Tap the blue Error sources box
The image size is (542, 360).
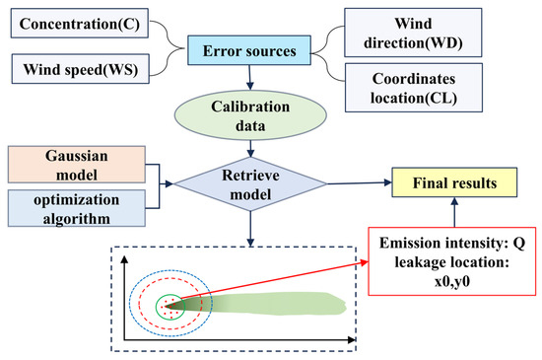coord(252,45)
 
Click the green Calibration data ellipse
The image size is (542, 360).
coord(253,116)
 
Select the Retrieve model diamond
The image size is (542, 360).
coord(253,181)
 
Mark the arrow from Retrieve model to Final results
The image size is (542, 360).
coord(345,182)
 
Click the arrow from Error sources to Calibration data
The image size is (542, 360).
coord(253,77)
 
